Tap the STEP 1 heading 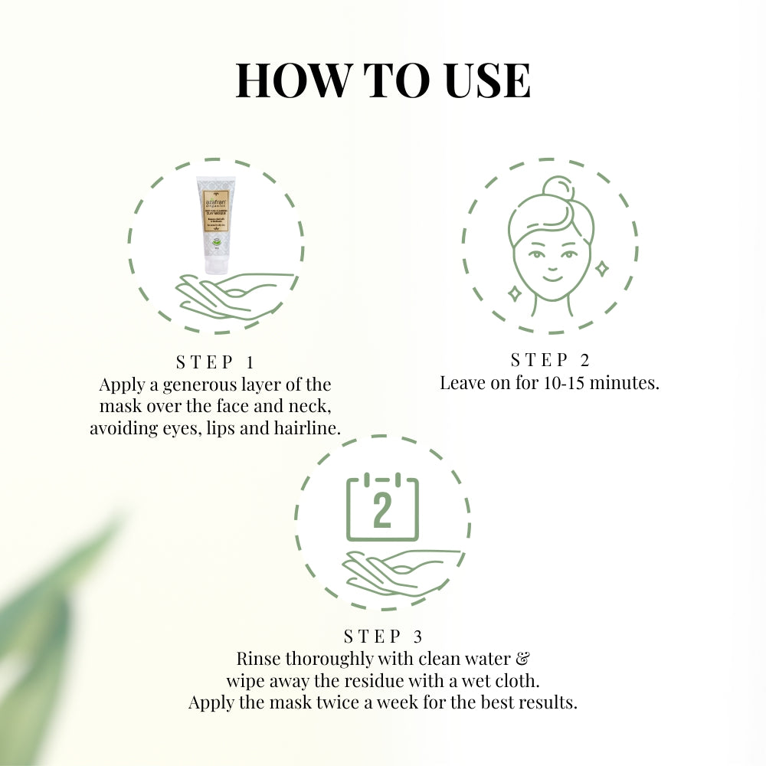coord(214,362)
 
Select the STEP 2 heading coord(550,360)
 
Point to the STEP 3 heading coord(383,636)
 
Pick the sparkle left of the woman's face coord(515,293)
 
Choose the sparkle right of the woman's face coord(602,268)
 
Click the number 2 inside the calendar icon coord(382,511)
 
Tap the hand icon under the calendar coord(398,571)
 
